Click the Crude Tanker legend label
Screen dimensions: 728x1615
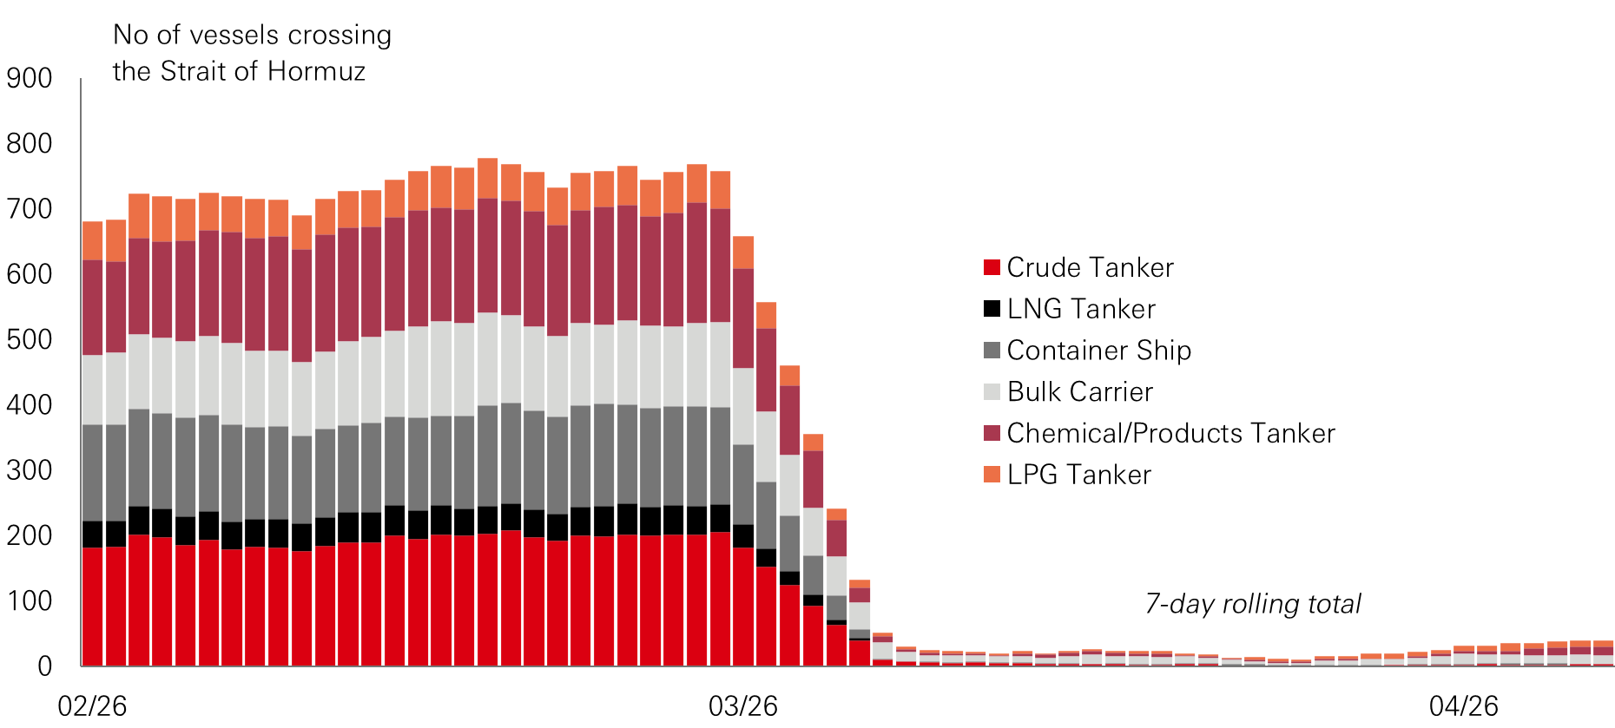click(x=1090, y=267)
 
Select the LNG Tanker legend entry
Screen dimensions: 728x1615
click(x=1081, y=309)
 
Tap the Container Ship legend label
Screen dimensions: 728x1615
click(x=1098, y=351)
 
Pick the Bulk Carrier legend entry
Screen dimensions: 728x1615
click(x=1079, y=392)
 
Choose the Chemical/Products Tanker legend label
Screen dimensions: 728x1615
click(x=1170, y=433)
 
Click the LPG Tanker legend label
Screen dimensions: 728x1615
click(x=1078, y=475)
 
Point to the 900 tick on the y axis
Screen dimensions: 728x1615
click(x=30, y=78)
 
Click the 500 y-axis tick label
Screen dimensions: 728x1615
click(x=30, y=339)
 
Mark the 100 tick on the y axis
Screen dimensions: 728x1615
click(x=30, y=600)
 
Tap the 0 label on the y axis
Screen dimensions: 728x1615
click(x=44, y=666)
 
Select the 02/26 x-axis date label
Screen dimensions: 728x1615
click(x=92, y=706)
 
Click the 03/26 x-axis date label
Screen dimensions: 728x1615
click(x=743, y=706)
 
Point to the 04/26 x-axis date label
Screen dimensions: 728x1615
click(x=1464, y=706)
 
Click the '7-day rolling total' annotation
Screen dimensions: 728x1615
click(x=1253, y=604)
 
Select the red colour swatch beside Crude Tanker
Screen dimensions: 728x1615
click(x=992, y=267)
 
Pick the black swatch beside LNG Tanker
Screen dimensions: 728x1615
click(x=992, y=309)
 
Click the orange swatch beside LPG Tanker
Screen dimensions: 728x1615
click(x=992, y=475)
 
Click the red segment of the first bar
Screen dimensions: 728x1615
click(x=92, y=607)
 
